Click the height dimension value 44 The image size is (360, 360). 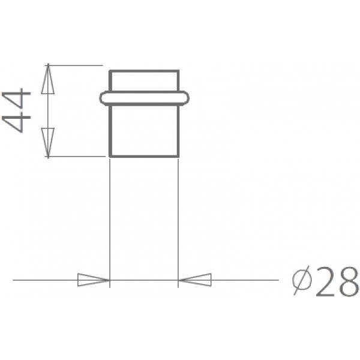point(16,110)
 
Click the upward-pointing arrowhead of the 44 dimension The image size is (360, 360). point(48,79)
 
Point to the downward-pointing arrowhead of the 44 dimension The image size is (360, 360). point(48,142)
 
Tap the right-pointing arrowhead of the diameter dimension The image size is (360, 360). point(94,280)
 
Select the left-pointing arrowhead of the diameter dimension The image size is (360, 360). point(194,280)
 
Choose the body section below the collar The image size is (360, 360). point(144,129)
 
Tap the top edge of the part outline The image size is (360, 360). point(144,71)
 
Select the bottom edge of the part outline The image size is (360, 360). point(144,157)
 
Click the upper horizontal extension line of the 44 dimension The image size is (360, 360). point(75,64)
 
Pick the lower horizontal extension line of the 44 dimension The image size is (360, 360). point(75,157)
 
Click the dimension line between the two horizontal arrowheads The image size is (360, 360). point(144,280)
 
